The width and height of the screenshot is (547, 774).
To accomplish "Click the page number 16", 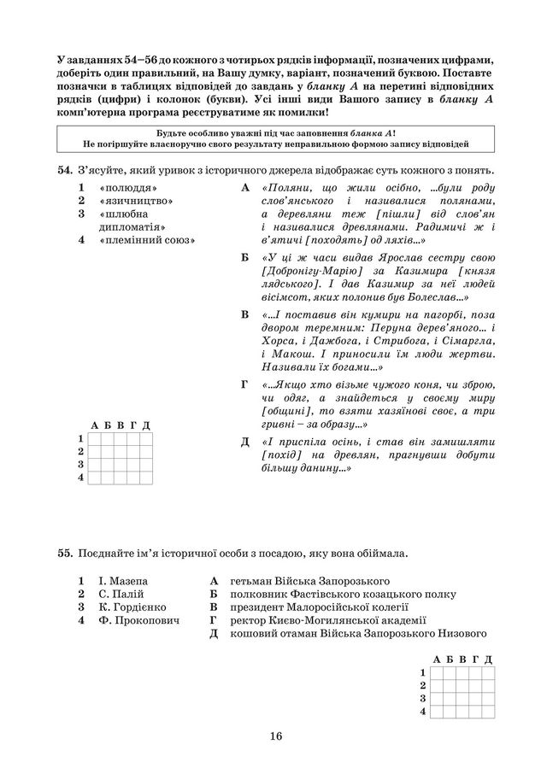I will point(273,736).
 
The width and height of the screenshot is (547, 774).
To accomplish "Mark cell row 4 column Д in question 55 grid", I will point(487,712).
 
